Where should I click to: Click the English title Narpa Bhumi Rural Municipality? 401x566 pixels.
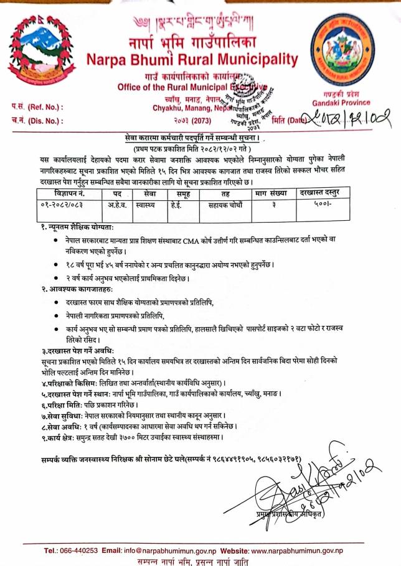point(192,60)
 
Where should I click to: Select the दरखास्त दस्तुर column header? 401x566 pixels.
point(320,193)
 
